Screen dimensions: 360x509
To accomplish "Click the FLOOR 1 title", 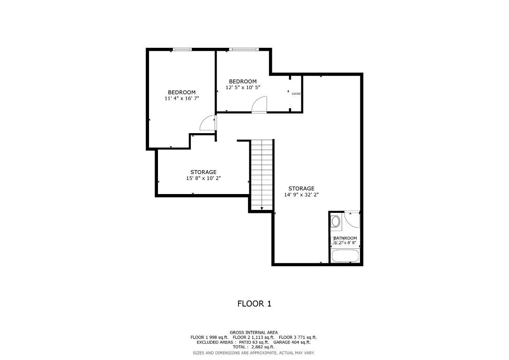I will (x=254, y=304).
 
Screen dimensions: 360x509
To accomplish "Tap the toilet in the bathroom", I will (x=336, y=221).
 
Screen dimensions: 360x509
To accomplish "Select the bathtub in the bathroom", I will (x=345, y=256).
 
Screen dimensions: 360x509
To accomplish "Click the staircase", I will (x=262, y=174).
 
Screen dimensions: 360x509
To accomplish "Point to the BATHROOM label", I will (x=345, y=238).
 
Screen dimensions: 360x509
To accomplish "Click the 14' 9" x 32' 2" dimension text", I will (x=301, y=195).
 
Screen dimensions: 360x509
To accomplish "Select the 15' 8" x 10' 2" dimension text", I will (x=203, y=178).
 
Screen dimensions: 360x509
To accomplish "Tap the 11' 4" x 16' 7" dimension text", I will (x=181, y=98).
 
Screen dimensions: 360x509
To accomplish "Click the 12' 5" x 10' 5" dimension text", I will (x=242, y=87).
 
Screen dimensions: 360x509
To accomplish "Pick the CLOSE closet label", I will (x=296, y=94).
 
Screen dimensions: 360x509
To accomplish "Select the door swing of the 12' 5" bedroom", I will (x=259, y=105).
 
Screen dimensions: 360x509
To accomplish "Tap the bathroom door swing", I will (x=352, y=219).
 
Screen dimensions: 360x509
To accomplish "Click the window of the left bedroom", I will (x=182, y=49).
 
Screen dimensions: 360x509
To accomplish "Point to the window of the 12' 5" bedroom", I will (x=244, y=49).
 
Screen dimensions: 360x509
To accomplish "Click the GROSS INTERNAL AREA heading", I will (x=254, y=332).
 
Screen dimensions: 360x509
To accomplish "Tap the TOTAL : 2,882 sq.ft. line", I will (x=254, y=347).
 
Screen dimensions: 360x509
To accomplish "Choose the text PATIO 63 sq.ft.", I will (x=251, y=342).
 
